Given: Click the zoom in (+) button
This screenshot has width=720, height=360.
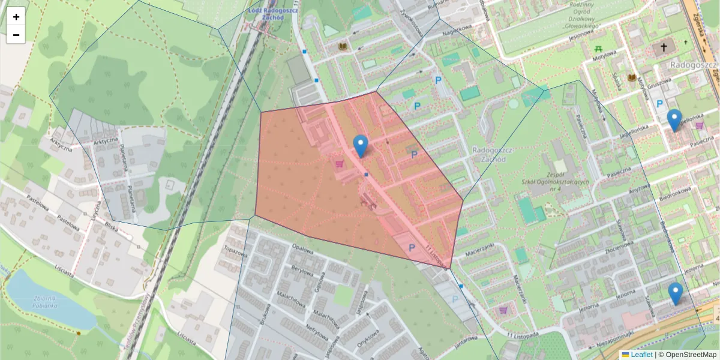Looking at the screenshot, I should pos(16,17).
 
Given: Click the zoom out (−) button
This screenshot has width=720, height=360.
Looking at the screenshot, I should pos(16,35).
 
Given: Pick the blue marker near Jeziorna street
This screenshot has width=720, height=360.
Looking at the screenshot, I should pos(676,293).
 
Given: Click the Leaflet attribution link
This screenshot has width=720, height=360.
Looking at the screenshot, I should pos(641,355).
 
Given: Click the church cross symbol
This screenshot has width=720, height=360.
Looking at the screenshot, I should pos(664,47).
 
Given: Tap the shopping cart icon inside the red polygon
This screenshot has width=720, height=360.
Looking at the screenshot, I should pos(340,163).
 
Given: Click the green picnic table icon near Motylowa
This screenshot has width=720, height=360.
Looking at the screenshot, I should pos(598,49).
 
